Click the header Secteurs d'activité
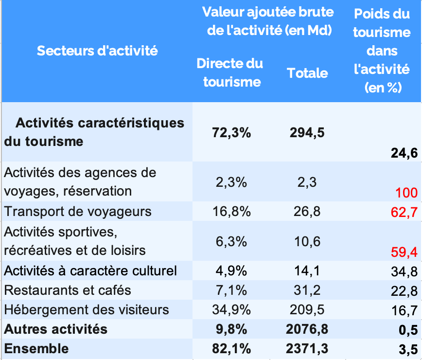[x=97, y=51]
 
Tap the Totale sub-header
[x=307, y=73]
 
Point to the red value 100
[x=406, y=193]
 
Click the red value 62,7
[x=404, y=212]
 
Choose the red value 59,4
[x=404, y=252]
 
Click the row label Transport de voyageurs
[x=78, y=212]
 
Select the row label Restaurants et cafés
[x=68, y=290]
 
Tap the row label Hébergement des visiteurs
[x=87, y=310]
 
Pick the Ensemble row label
[x=36, y=348]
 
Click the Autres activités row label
[x=55, y=329]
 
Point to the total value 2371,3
[x=307, y=348]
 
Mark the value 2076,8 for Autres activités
[x=307, y=329]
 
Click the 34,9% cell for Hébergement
[x=231, y=310]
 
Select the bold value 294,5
[x=307, y=132]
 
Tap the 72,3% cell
[x=231, y=132]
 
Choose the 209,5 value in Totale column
[x=307, y=310]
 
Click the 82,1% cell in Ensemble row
[x=231, y=348]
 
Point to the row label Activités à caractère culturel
[x=90, y=271]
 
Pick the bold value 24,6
[x=404, y=154]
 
